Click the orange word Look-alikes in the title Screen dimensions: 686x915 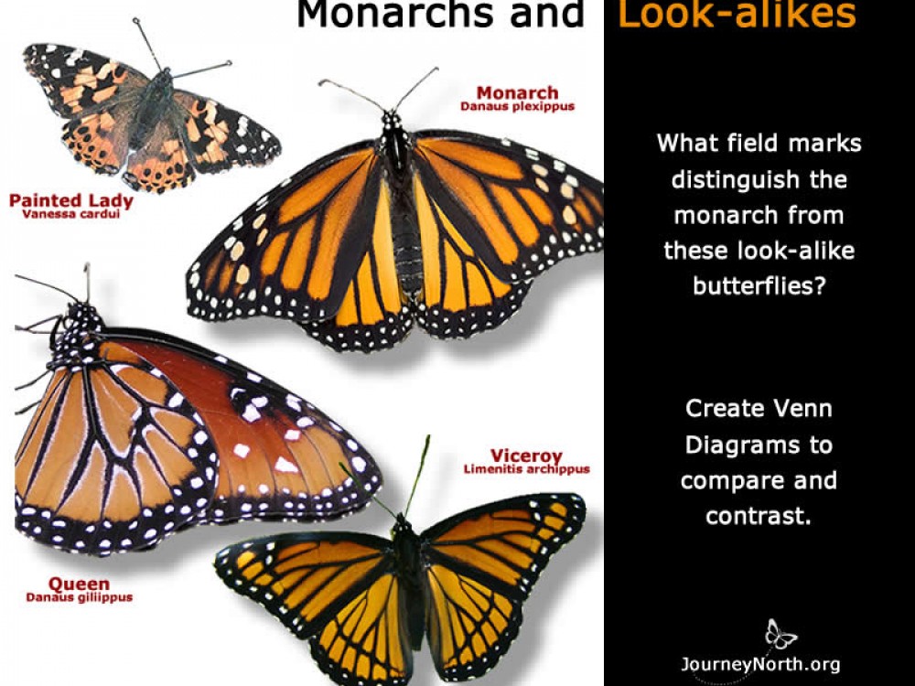[737, 15]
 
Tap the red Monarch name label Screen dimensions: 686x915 [517, 93]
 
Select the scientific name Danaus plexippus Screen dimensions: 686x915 [518, 107]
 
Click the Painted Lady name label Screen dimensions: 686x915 [71, 200]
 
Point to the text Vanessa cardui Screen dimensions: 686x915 [71, 214]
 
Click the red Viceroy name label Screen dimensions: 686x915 [526, 456]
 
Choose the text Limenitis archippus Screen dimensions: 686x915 [526, 469]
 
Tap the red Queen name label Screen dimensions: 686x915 [79, 584]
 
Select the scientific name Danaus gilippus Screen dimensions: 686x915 [79, 597]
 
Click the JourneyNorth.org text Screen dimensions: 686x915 [759, 664]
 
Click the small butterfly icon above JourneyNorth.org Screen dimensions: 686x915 [780, 634]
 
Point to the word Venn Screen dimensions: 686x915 [797, 408]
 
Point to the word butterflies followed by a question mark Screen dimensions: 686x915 [759, 285]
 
